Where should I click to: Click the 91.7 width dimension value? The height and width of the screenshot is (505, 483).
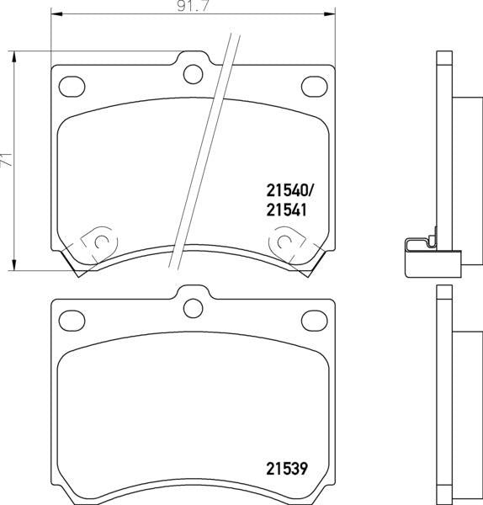194,7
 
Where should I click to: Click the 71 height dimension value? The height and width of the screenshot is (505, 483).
7,160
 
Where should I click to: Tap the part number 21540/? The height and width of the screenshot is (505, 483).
289,191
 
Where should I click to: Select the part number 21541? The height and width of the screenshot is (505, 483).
286,210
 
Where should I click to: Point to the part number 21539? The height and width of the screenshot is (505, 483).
287,469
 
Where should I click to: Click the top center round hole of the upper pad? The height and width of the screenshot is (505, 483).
194,74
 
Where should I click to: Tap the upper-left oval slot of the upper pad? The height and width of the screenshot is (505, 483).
72,87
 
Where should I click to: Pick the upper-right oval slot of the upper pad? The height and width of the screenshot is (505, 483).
314,87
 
